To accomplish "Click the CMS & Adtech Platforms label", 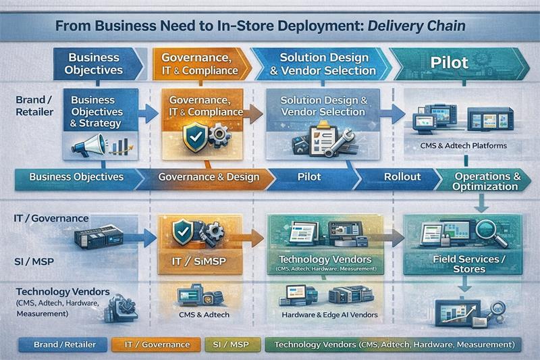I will click(458, 145).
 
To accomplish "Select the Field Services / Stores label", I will click(470, 263).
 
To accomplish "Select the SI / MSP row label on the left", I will click(34, 261).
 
